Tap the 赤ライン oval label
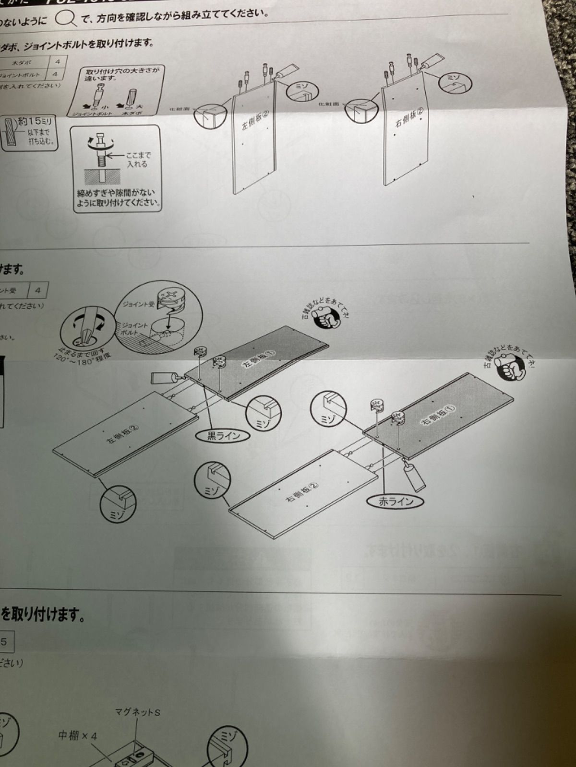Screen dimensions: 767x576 [396, 501]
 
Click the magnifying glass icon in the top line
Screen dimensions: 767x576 [65, 19]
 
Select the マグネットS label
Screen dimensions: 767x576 [138, 713]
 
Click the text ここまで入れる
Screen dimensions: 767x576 [138, 160]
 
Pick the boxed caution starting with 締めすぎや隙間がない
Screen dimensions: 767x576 [117, 198]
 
